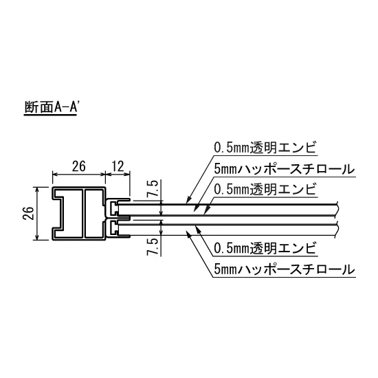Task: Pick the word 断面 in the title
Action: pyautogui.click(x=34, y=109)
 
